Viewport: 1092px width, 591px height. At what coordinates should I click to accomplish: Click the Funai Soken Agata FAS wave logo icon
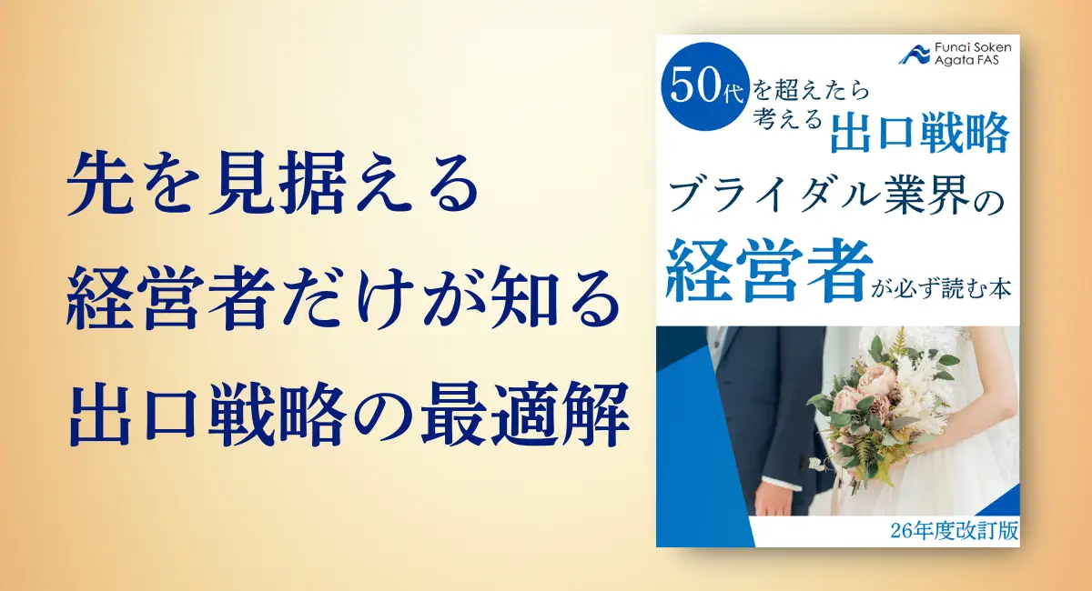[914, 54]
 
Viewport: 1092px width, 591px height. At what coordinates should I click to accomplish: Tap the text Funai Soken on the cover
[973, 48]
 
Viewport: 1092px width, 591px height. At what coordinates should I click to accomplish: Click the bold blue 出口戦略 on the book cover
[919, 133]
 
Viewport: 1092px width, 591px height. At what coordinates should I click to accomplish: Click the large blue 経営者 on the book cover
[768, 270]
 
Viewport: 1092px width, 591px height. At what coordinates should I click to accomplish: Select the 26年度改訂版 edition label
[954, 531]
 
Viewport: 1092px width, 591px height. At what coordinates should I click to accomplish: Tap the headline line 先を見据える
[272, 183]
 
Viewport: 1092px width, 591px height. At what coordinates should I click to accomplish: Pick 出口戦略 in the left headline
[208, 414]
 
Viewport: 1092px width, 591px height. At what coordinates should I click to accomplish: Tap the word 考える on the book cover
[787, 118]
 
